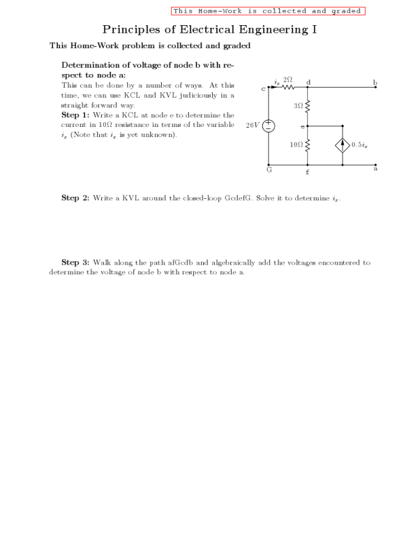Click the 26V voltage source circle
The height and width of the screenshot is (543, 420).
(x=268, y=126)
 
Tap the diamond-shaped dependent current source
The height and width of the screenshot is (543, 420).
(x=343, y=145)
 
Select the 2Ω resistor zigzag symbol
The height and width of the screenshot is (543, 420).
(x=288, y=87)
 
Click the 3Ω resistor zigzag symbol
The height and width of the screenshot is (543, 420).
(x=308, y=107)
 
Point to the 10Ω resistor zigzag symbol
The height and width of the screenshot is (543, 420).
(x=308, y=145)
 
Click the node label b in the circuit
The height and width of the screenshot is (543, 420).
(x=374, y=82)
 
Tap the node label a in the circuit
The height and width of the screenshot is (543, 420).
(x=375, y=169)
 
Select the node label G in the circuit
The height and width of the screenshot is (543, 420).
(x=269, y=170)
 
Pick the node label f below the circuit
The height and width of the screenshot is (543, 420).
(x=308, y=172)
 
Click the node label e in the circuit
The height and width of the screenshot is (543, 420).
(x=302, y=126)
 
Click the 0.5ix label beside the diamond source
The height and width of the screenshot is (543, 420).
(x=360, y=145)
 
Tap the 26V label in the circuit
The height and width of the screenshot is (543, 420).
(x=252, y=126)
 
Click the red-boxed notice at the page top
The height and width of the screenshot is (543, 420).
(x=268, y=11)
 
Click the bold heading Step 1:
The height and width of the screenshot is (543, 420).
(x=75, y=115)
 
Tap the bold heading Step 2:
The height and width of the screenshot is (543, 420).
(x=75, y=198)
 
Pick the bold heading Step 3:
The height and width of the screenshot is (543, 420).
(x=75, y=262)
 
